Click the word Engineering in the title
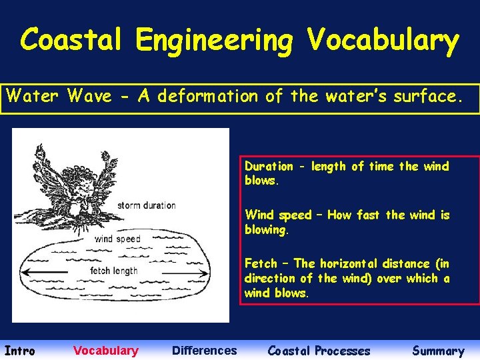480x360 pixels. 214,41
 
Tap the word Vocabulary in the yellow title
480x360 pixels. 383,41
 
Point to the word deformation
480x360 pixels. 206,97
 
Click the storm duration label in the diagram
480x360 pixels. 146,205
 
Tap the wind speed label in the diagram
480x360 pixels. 117,239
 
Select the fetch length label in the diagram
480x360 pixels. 114,271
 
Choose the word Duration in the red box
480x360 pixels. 269,167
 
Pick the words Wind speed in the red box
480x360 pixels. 278,215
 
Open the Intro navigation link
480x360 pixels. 20,351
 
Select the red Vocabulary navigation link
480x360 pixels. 106,351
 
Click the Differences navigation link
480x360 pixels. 204,351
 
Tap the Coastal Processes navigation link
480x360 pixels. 319,351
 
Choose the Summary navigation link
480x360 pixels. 438,351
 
